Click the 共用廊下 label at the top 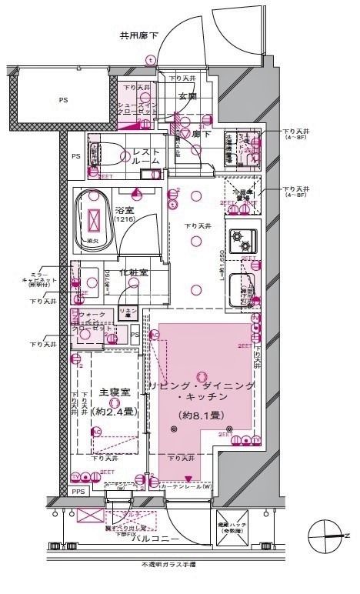[138, 35]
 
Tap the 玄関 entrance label [188, 95]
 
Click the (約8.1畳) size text [200, 415]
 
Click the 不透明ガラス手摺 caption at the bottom [168, 565]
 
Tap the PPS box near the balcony [78, 491]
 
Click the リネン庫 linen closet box [126, 314]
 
